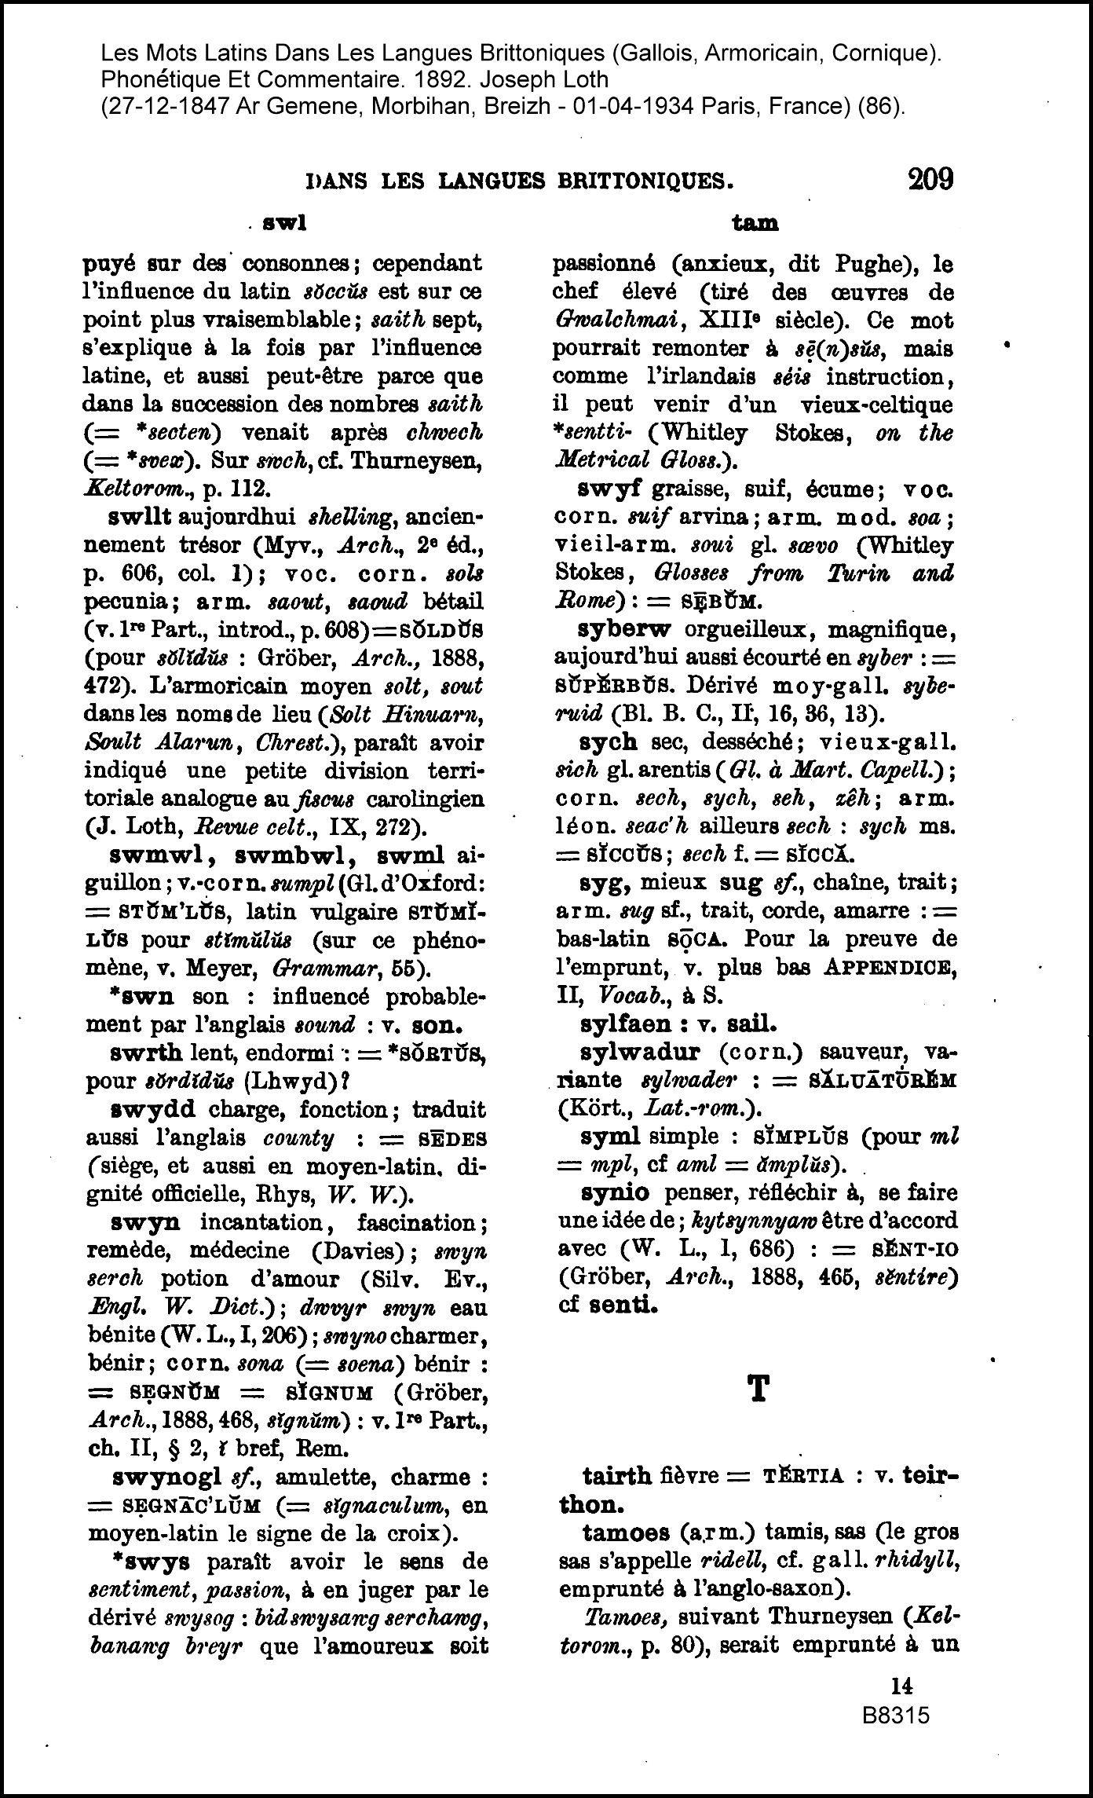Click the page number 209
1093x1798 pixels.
click(x=930, y=180)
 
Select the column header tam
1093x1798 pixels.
click(x=755, y=224)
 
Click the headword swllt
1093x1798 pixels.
click(x=141, y=518)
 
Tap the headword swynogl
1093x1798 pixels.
click(x=166, y=1477)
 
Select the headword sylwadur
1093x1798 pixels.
click(x=643, y=1052)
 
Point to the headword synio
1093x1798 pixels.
click(x=615, y=1192)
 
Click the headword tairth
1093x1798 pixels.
click(x=616, y=1476)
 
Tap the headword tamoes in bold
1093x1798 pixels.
click(x=626, y=1533)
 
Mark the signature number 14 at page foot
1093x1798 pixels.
click(x=901, y=1686)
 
